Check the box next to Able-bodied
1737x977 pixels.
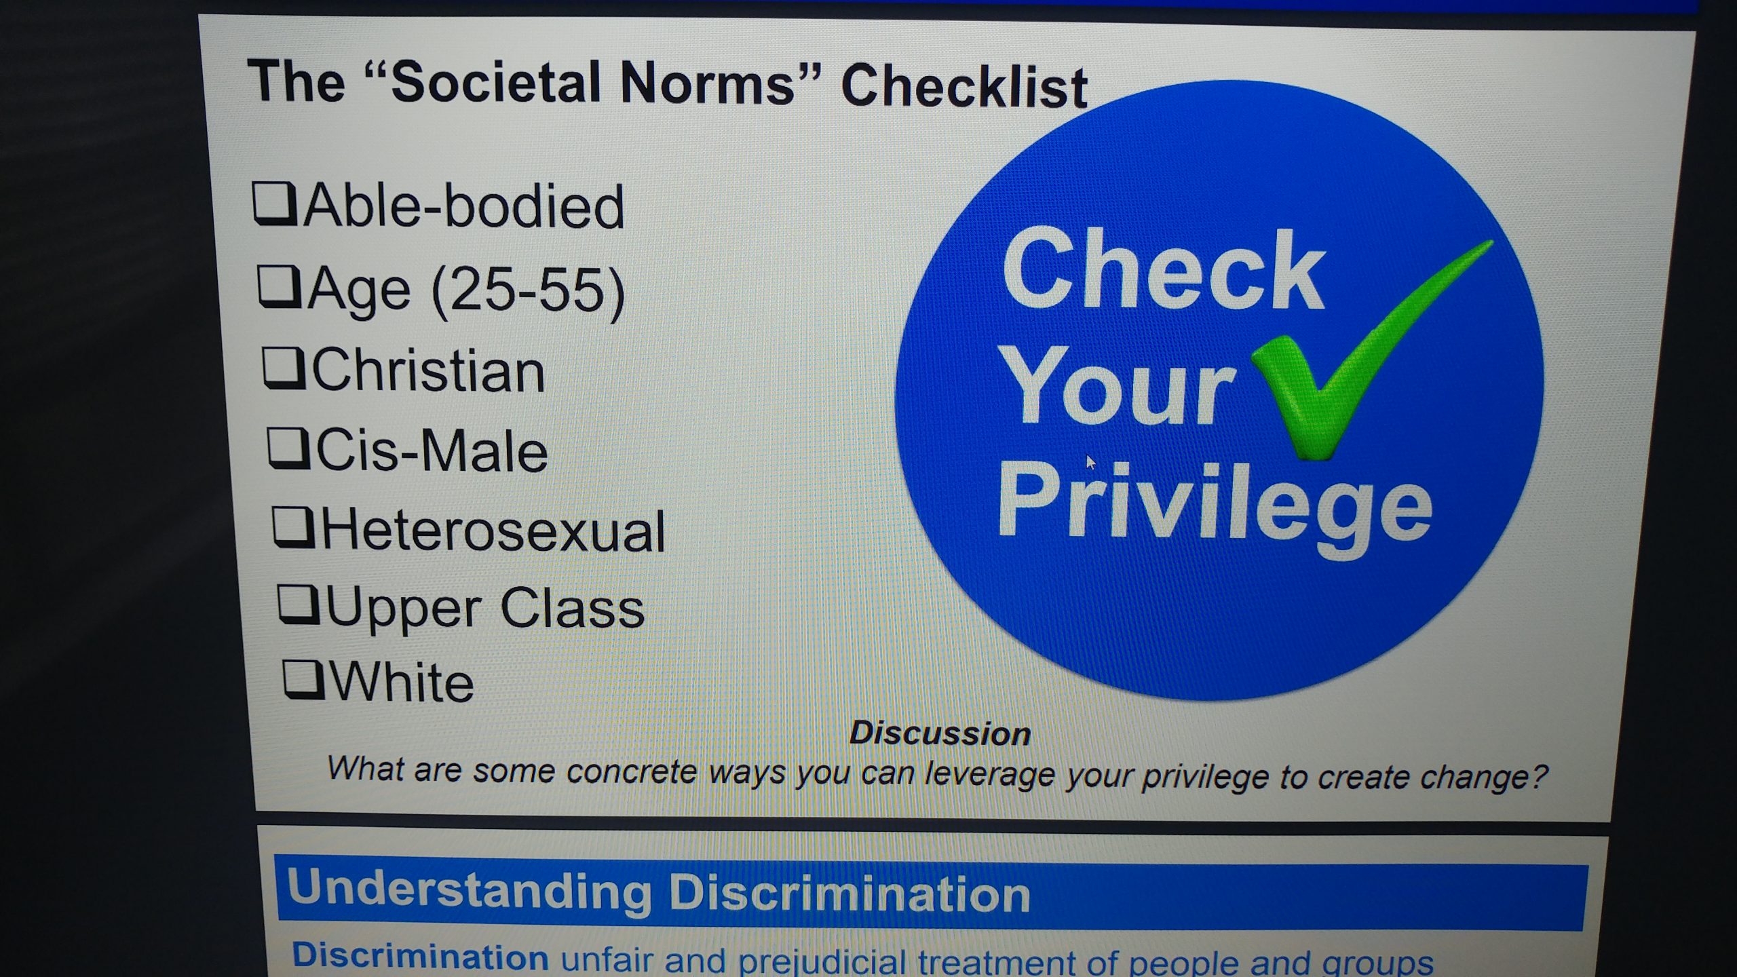pos(274,203)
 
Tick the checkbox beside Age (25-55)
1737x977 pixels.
pos(279,287)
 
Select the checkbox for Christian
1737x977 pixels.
pos(283,368)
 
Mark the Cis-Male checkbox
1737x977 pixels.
pos(288,448)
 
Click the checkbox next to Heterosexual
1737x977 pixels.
pos(293,528)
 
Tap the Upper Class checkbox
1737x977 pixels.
pos(298,605)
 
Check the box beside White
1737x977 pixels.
pos(303,679)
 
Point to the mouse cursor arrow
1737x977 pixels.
pos(1090,461)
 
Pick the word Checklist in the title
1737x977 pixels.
pos(963,88)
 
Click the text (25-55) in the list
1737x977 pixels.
pos(528,292)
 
